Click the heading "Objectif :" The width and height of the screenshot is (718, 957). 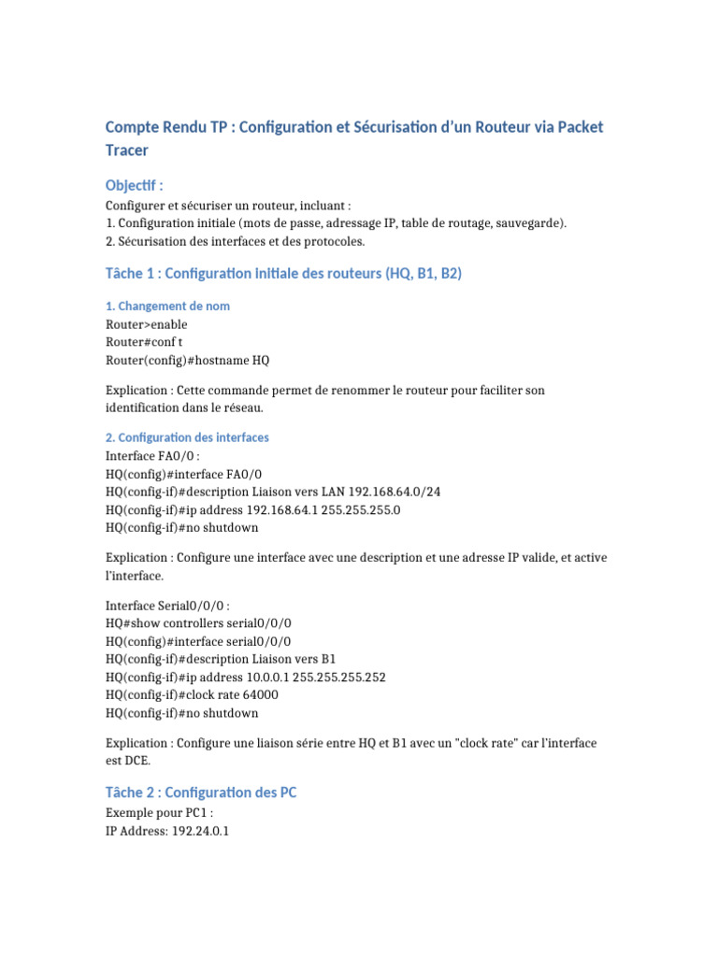coord(135,185)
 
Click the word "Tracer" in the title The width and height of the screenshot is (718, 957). coord(126,150)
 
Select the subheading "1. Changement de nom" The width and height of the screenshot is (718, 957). coord(167,307)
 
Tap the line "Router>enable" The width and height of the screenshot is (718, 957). coord(147,324)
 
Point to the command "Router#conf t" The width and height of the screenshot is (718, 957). coord(145,342)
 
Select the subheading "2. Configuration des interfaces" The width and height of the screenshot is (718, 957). coord(187,437)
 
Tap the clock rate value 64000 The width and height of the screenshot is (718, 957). coord(259,694)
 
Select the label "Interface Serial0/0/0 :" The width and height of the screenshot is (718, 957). coord(168,605)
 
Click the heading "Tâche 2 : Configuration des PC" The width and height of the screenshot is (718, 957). coord(201,793)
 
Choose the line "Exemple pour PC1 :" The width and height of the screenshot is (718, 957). coord(160,811)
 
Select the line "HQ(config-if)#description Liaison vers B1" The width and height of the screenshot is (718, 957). coord(222,659)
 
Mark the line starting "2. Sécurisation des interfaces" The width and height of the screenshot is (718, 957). coord(235,241)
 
